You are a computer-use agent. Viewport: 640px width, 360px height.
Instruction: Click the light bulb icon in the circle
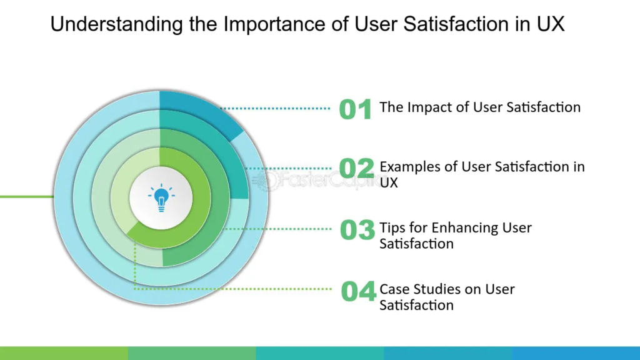point(161,197)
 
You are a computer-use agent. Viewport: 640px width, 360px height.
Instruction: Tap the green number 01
point(356,109)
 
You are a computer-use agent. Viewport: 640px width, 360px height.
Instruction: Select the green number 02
point(356,168)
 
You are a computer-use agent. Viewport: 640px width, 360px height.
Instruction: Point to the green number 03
point(357,229)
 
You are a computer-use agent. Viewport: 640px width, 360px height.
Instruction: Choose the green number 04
point(358,291)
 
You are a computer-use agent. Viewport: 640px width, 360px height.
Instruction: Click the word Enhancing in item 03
point(465,228)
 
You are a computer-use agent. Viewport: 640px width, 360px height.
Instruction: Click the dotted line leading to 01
point(275,109)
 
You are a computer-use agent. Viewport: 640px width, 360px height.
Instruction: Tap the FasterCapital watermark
point(316,179)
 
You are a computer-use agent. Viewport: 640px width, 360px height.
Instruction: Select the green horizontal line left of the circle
point(27,197)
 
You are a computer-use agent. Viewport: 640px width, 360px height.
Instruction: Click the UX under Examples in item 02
point(389,183)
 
